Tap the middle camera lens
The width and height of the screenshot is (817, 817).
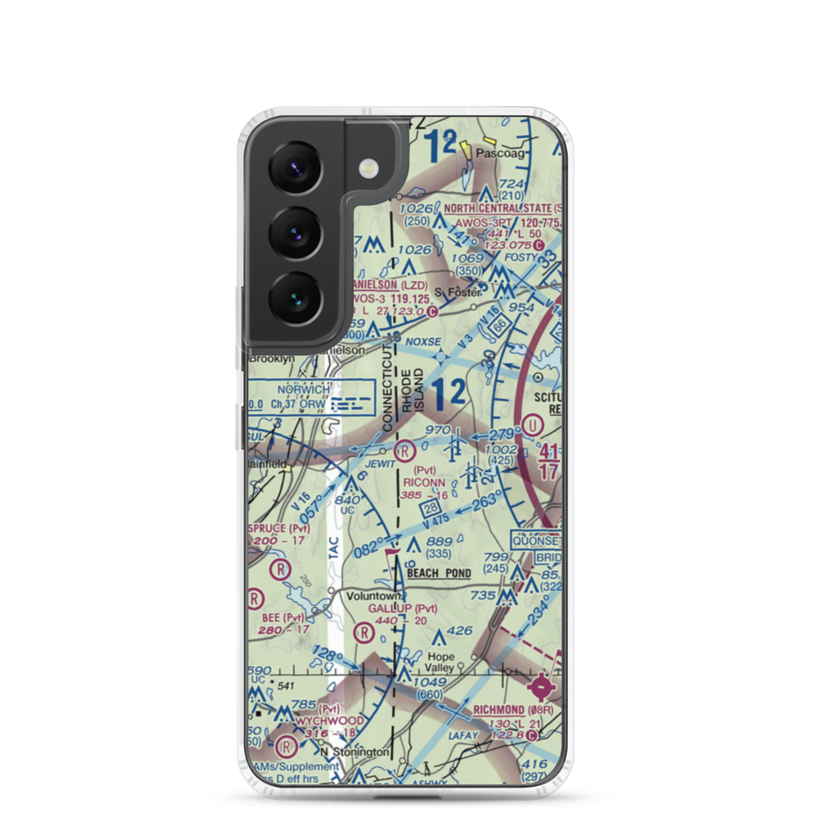coord(295,232)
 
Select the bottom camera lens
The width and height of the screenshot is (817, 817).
coord(295,297)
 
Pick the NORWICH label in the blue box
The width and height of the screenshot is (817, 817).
coord(304,390)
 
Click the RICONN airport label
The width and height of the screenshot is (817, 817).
coord(424,482)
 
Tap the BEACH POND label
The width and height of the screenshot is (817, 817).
coord(439,574)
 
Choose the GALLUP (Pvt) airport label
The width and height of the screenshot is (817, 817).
coord(402,609)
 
